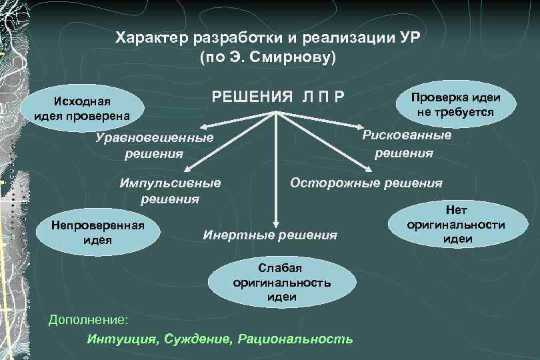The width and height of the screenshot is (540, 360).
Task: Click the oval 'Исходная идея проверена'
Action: click(x=82, y=108)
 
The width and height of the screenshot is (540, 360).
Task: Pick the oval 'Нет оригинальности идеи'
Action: click(x=456, y=225)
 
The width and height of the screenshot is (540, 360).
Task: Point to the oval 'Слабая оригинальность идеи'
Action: click(x=282, y=282)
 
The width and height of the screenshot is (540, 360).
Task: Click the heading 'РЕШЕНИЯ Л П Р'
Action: click(x=278, y=97)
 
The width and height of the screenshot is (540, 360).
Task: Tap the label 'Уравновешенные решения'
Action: click(x=154, y=146)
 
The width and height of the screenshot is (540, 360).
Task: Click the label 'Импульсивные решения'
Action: click(x=170, y=190)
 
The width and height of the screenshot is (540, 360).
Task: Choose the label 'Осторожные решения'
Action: click(x=366, y=183)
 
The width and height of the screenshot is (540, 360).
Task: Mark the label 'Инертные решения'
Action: click(x=270, y=235)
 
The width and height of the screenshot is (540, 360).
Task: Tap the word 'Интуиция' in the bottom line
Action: click(x=121, y=339)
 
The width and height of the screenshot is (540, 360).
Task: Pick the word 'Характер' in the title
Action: click(x=149, y=37)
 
